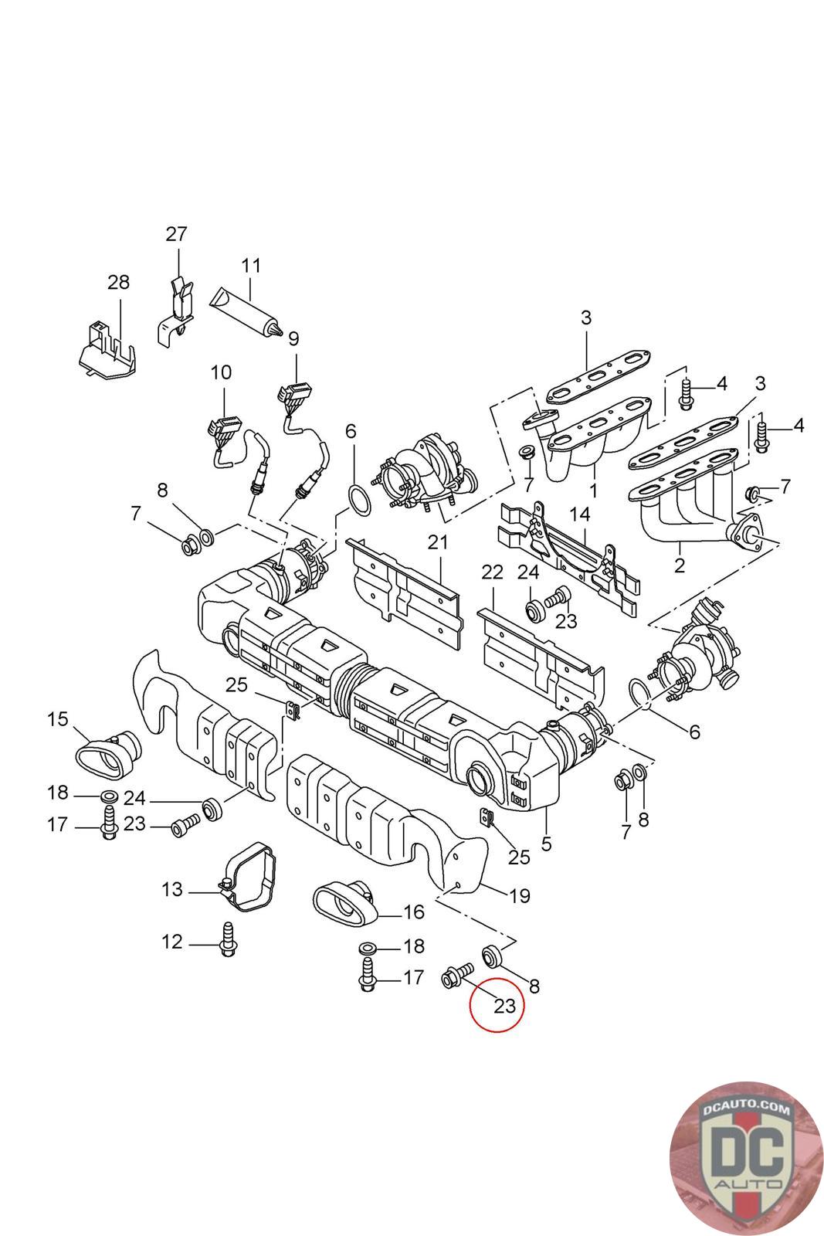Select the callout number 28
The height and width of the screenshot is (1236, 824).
click(x=118, y=283)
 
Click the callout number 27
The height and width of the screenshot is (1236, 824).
click(x=177, y=233)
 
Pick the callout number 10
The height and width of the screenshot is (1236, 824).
click(x=221, y=372)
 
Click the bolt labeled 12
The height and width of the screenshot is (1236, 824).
click(x=228, y=940)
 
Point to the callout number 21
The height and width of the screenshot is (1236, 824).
click(x=438, y=542)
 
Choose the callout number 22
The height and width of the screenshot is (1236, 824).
click(x=492, y=572)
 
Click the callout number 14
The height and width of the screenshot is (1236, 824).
click(x=579, y=514)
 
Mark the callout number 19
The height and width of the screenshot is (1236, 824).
click(x=520, y=895)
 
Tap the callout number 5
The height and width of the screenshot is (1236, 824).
click(x=547, y=844)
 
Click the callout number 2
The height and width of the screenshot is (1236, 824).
click(x=679, y=565)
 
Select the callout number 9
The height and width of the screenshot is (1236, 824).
click(x=293, y=339)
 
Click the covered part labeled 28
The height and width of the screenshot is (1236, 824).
click(x=108, y=352)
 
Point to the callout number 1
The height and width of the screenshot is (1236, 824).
click(x=594, y=491)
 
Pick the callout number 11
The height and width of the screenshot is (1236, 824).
click(x=251, y=266)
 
